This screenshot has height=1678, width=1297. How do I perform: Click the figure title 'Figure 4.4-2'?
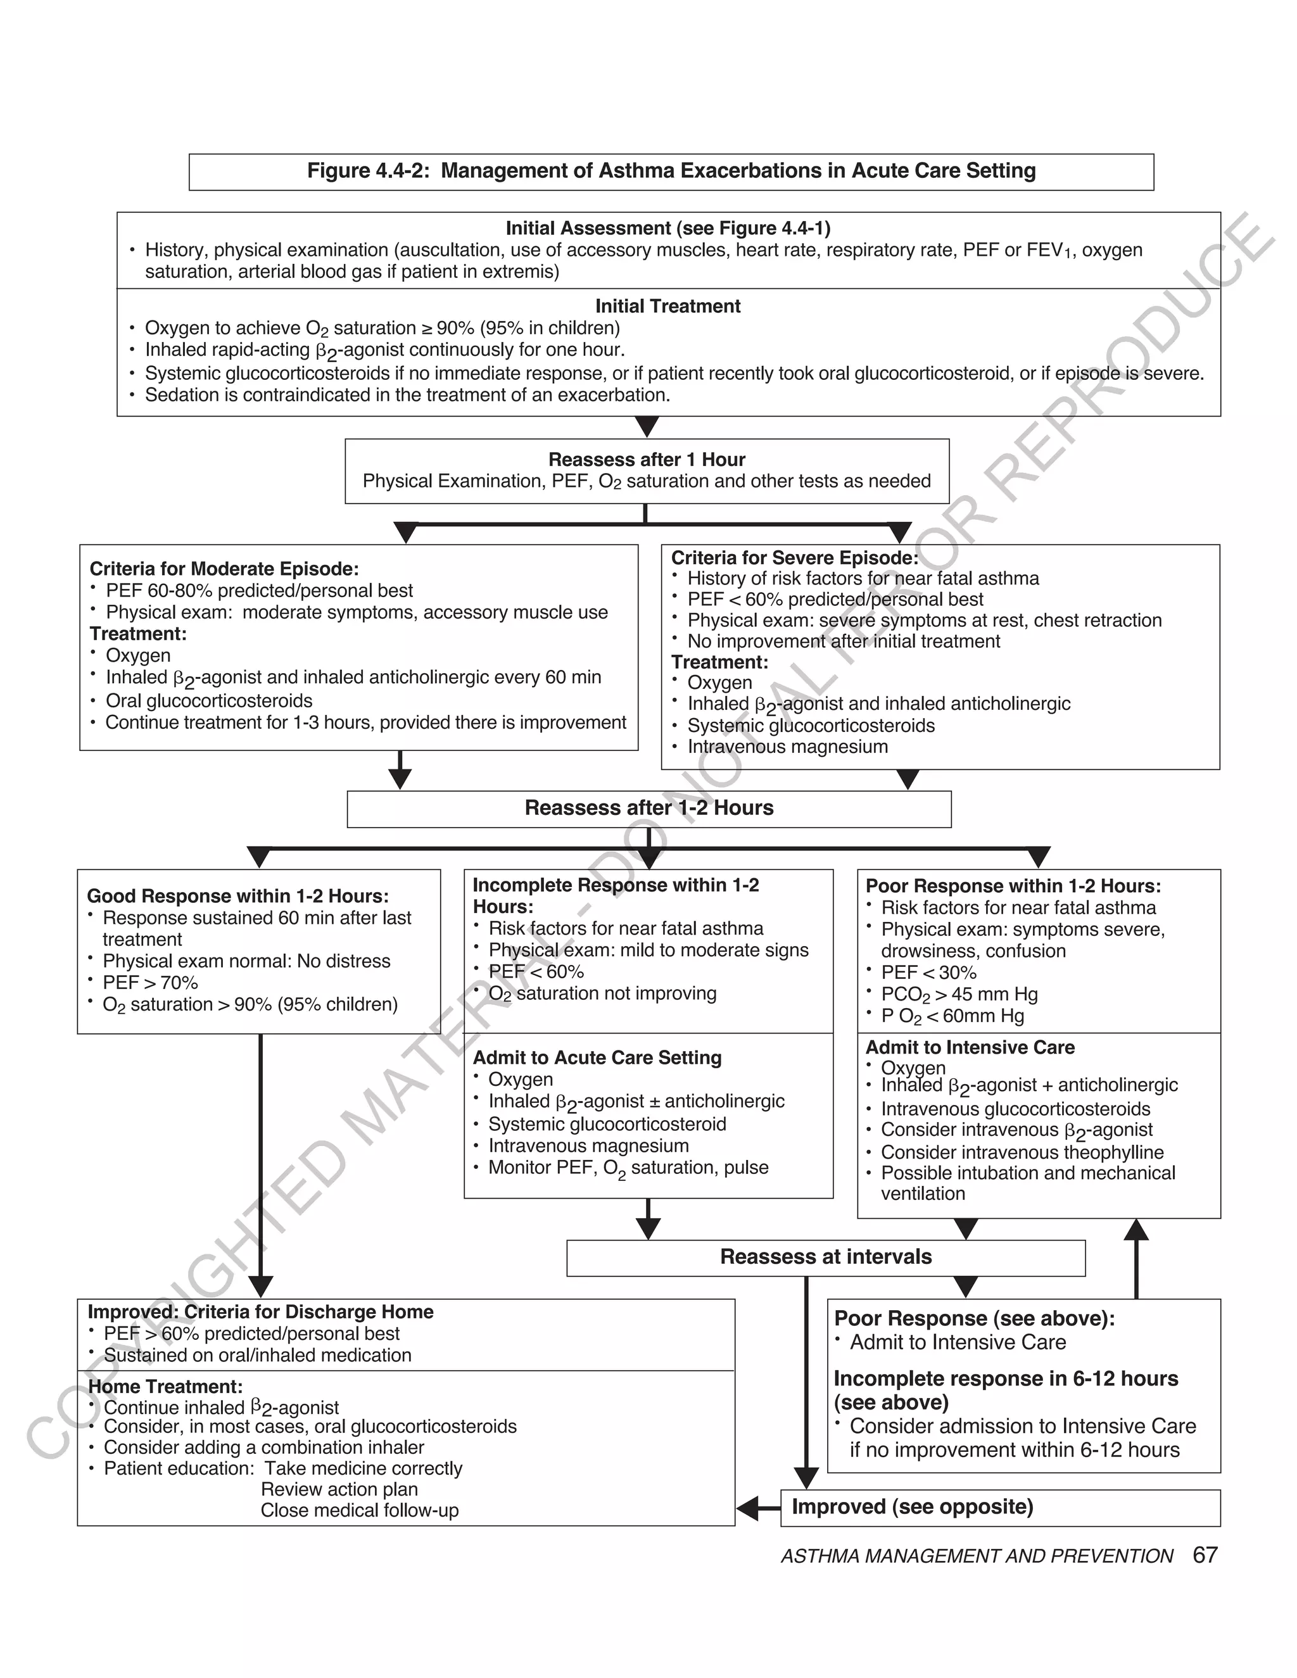[671, 170]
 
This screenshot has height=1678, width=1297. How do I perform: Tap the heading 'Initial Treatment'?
[667, 306]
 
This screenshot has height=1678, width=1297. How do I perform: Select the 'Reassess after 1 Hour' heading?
[646, 460]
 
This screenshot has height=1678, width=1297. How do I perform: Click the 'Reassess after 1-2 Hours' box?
[648, 808]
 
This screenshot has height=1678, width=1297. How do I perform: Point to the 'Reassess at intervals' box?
[825, 1257]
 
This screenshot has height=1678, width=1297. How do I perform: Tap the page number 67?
[1205, 1555]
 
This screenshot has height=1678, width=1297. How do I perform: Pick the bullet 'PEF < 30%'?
[928, 973]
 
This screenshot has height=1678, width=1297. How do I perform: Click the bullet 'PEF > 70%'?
[150, 983]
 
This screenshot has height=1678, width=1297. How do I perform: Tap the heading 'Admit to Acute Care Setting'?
[597, 1057]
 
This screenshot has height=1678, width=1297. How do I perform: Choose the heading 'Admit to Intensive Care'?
[970, 1047]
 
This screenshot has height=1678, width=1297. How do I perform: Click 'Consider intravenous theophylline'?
[1022, 1152]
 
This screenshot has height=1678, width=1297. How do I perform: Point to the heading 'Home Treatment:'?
[165, 1387]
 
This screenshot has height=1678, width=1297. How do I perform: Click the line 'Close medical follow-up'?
[359, 1510]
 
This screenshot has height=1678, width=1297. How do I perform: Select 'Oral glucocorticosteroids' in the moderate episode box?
[209, 701]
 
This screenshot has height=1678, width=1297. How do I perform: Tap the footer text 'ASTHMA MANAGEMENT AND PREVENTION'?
[977, 1556]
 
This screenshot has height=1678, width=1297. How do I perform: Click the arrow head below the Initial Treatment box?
[647, 426]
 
